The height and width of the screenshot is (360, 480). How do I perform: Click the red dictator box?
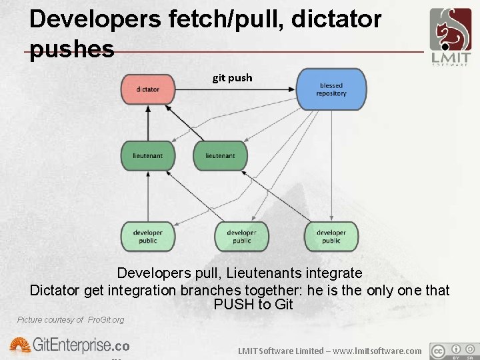pos(147,89)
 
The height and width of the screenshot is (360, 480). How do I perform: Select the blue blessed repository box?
pos(331,89)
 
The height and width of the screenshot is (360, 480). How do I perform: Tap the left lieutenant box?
pos(147,155)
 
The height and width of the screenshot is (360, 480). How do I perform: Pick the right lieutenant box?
pos(220,155)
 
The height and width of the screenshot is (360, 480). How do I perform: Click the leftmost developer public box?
pos(147,236)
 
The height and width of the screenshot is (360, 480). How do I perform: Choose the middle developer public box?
pos(241,236)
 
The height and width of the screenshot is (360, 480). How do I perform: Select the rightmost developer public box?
pos(331,236)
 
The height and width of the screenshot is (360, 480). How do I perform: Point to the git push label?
pos(232,78)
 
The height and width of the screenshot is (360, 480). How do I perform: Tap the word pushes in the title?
pos(72,49)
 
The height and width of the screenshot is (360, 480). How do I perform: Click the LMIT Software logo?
pos(450,37)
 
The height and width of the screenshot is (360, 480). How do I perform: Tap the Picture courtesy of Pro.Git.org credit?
pos(71,320)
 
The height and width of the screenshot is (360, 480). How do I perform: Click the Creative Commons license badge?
pos(455,351)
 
